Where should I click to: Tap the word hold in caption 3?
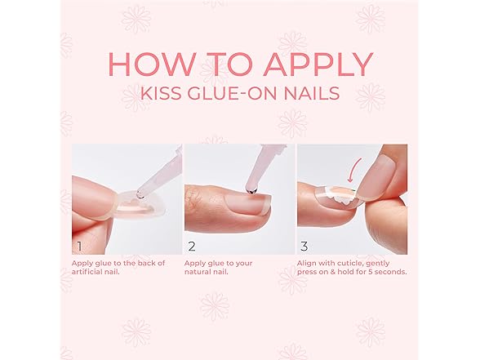(344, 272)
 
